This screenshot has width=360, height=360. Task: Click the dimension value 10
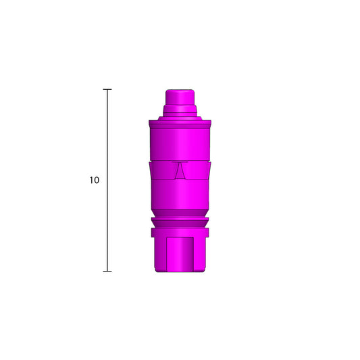[x=94, y=180]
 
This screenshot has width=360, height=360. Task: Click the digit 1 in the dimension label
[x=91, y=180]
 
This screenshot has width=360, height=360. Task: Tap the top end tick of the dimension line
[x=107, y=89]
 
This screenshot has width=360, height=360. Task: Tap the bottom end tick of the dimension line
[x=107, y=271]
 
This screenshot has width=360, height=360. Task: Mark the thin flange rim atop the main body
[x=180, y=122]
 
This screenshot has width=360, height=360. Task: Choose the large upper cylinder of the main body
[x=180, y=142]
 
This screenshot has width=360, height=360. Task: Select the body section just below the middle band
[x=180, y=196]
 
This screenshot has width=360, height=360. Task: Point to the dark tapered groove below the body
[x=180, y=215]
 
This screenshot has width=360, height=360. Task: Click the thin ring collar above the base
[x=180, y=224]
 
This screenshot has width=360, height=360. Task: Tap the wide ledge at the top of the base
[x=180, y=232]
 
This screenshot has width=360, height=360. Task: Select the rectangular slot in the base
[x=180, y=253]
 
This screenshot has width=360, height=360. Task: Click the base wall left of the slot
[x=161, y=253]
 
